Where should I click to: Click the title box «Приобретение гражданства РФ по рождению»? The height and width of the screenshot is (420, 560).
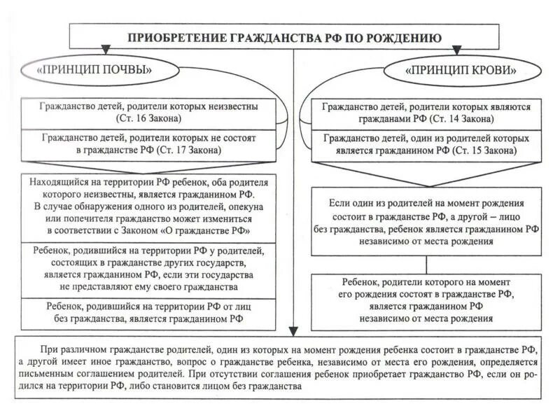click(x=284, y=37)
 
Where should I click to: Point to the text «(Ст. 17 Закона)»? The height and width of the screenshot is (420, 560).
click(x=189, y=150)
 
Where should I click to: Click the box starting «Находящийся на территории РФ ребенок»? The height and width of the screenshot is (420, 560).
click(x=148, y=206)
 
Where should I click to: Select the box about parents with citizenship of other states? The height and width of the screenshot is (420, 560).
click(x=148, y=268)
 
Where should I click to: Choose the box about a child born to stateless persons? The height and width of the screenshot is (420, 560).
click(x=148, y=313)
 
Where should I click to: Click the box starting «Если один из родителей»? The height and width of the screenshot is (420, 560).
click(x=426, y=221)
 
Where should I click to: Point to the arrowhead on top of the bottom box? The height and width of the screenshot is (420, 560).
click(x=294, y=331)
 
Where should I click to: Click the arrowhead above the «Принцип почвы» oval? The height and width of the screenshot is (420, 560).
click(x=105, y=50)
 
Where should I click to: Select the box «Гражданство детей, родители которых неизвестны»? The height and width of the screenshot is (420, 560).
click(x=148, y=113)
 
